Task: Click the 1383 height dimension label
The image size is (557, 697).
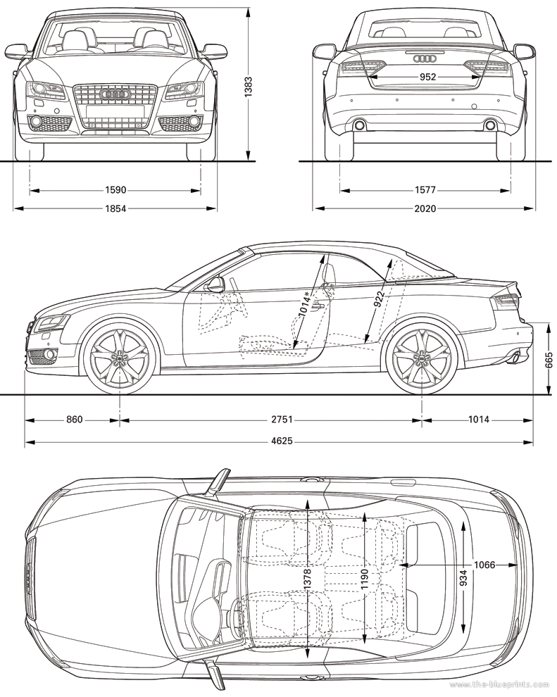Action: click(248, 87)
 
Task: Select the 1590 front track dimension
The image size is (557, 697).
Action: click(115, 190)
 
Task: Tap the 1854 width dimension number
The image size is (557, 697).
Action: click(115, 208)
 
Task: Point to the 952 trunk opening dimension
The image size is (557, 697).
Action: click(427, 77)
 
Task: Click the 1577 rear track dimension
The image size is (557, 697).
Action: click(425, 190)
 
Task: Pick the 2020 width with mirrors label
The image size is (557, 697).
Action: click(425, 208)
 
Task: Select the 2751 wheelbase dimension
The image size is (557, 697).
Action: click(282, 419)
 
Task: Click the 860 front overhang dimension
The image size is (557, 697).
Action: click(74, 419)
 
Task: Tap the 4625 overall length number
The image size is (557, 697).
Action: click(282, 441)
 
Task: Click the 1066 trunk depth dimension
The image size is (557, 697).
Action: click(484, 565)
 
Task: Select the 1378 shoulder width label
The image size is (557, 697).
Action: click(307, 580)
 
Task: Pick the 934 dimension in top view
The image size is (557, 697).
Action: click(463, 577)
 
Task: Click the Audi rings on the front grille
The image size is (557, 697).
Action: click(115, 94)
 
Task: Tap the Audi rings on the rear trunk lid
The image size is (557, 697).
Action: click(425, 58)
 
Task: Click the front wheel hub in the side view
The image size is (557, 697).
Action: click(120, 357)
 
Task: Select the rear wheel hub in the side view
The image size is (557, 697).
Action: click(421, 357)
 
